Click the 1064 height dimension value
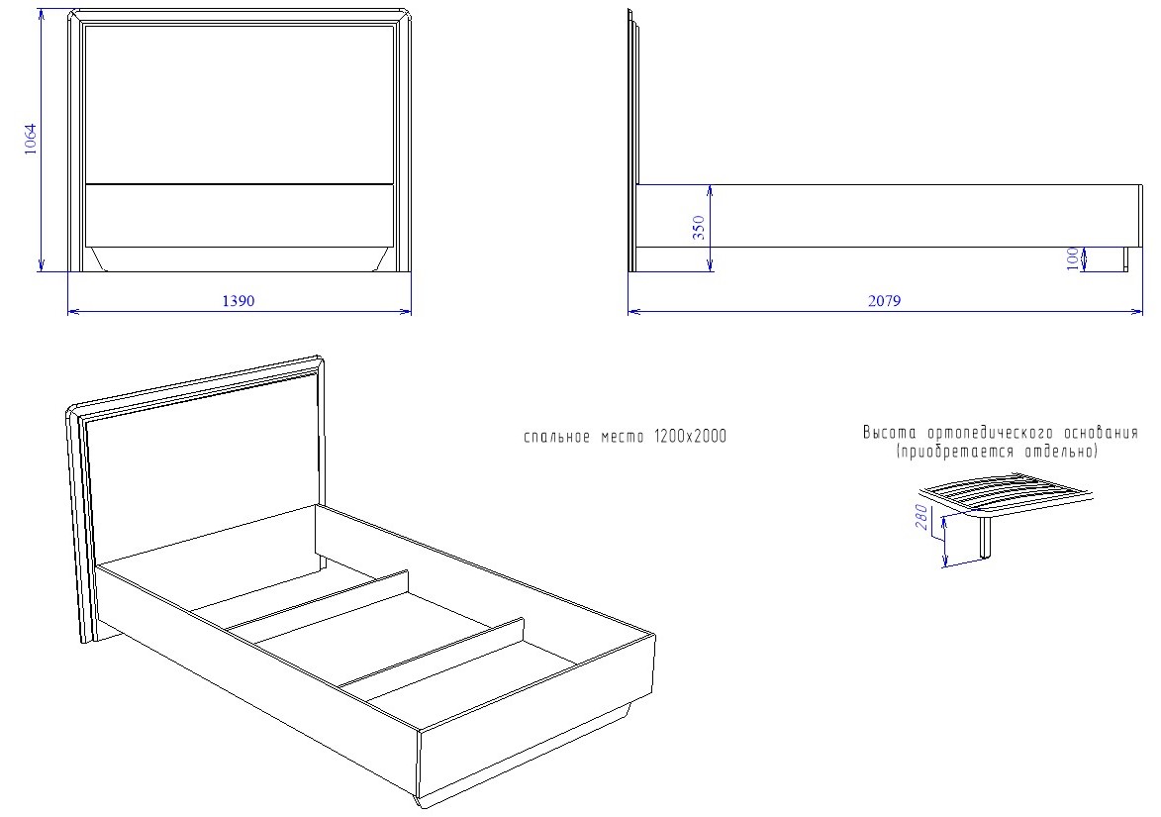30,140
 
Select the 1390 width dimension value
239,301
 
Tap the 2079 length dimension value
884,301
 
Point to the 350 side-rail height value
698,228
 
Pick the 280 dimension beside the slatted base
921,516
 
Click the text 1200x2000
690,437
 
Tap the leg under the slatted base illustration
986,537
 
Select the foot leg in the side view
1125,259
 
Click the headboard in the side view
633,141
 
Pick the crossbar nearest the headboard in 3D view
317,601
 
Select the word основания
1101,433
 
